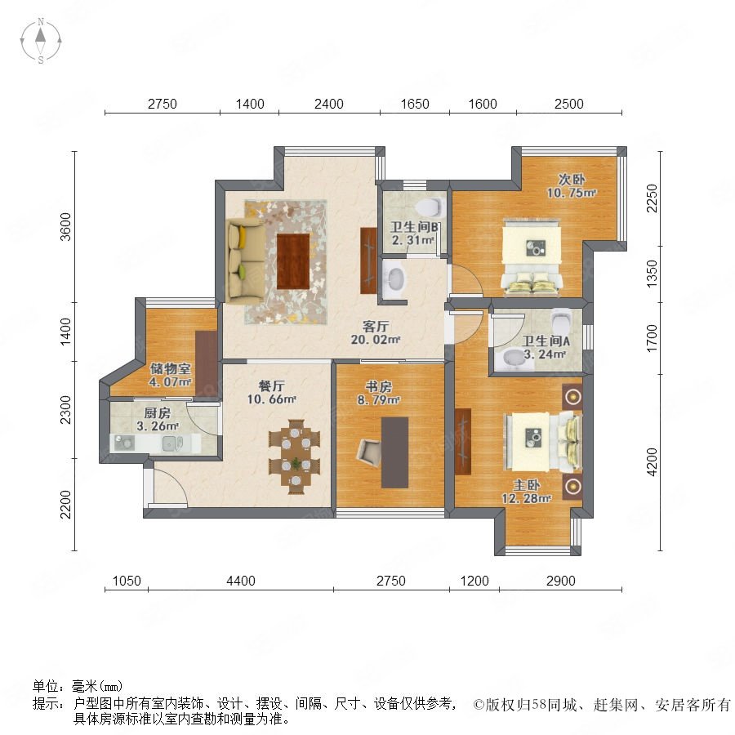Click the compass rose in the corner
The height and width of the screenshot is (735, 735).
pyautogui.click(x=41, y=41)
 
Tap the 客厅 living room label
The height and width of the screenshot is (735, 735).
pyautogui.click(x=376, y=326)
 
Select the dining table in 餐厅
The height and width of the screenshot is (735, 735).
pyautogui.click(x=295, y=456)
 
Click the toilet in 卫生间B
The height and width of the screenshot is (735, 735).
pyautogui.click(x=430, y=206)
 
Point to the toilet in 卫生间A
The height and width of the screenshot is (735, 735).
pyautogui.click(x=561, y=320)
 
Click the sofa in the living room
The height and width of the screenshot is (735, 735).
pyautogui.click(x=245, y=261)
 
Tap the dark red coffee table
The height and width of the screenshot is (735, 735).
pyautogui.click(x=293, y=261)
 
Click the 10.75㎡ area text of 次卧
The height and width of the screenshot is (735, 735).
pyautogui.click(x=571, y=193)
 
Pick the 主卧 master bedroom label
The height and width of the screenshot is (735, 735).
pyautogui.click(x=526, y=484)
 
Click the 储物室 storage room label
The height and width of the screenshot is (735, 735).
pyautogui.click(x=170, y=368)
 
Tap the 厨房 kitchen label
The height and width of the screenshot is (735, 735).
pyautogui.click(x=157, y=413)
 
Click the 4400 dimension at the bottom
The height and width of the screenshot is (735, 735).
pyautogui.click(x=241, y=581)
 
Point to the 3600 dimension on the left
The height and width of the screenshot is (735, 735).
pyautogui.click(x=65, y=227)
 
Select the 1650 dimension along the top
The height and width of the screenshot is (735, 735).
pyautogui.click(x=415, y=104)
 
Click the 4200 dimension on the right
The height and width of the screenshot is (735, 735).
pyautogui.click(x=652, y=462)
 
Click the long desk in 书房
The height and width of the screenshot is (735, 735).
pyautogui.click(x=394, y=452)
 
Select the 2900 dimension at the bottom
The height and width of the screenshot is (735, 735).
pyautogui.click(x=560, y=581)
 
